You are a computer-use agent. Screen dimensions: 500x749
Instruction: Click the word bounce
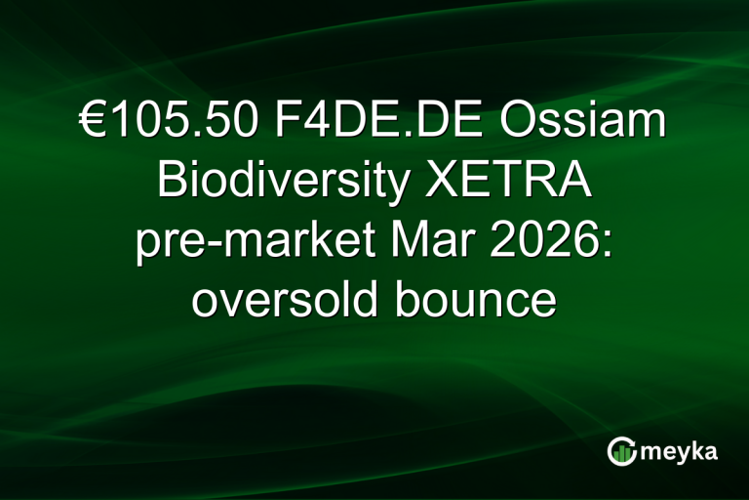[x=485, y=300]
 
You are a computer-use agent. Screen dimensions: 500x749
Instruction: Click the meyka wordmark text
[x=679, y=453]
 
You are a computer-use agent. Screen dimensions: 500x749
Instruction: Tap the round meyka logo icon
[x=621, y=451]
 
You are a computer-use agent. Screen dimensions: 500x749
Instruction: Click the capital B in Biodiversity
[x=171, y=184]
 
